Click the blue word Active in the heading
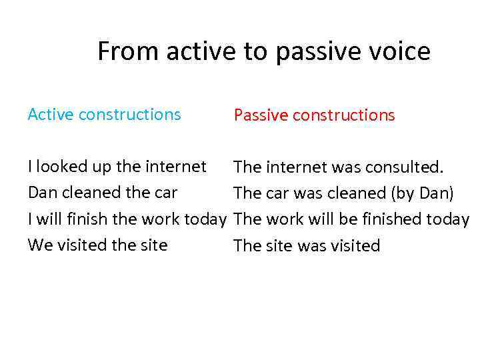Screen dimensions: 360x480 (51, 115)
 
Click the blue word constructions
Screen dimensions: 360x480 (129, 115)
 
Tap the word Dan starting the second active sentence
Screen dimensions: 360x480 (40, 193)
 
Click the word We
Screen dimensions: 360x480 (39, 245)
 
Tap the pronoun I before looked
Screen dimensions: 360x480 (30, 167)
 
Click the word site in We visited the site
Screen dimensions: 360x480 (153, 245)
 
